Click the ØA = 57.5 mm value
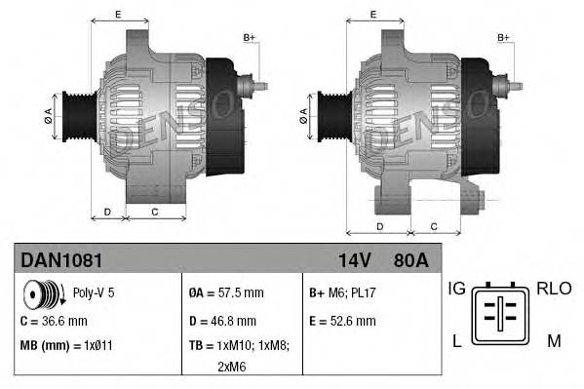coord(225,292)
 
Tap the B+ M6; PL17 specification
coord(342,292)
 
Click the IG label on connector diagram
coord(456,290)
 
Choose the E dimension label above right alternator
coord(374,15)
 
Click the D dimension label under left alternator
coord(107,212)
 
